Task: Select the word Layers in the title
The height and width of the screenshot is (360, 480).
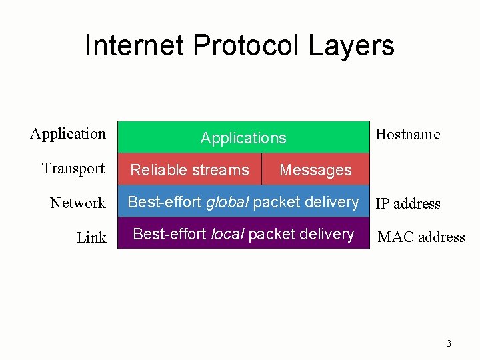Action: [351, 46]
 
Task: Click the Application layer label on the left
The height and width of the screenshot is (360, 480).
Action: [68, 134]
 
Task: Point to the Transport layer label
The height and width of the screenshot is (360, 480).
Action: [73, 169]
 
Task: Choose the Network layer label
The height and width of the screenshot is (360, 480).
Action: [78, 203]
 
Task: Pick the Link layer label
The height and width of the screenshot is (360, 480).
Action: [91, 238]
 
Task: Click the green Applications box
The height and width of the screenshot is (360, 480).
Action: [243, 138]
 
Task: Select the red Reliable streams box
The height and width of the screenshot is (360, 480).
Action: [189, 170]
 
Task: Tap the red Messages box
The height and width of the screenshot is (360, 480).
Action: [315, 170]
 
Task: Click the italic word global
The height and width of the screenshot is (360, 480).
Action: [227, 202]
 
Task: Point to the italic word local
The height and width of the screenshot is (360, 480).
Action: [227, 234]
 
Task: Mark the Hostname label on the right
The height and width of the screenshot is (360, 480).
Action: [408, 135]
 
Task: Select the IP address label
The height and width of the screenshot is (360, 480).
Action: [408, 204]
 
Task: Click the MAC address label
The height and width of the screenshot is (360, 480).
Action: [421, 237]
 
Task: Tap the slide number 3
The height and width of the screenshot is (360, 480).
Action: [449, 344]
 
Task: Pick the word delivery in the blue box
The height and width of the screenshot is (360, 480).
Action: [331, 202]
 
